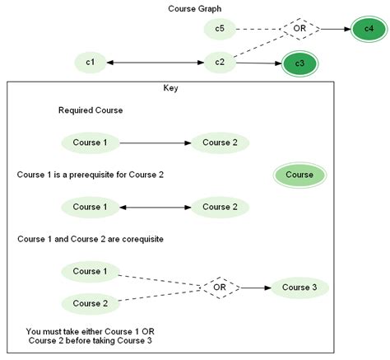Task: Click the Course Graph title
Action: [194, 9]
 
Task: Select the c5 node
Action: [220, 30]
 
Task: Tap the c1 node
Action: [91, 62]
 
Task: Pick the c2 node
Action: [220, 62]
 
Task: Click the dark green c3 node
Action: [299, 63]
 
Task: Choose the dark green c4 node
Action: [367, 30]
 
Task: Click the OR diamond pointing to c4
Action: [299, 30]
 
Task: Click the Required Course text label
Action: [91, 110]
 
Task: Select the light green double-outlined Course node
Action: [299, 175]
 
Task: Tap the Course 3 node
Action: [299, 288]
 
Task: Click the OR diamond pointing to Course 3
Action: [220, 288]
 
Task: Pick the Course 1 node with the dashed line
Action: [91, 271]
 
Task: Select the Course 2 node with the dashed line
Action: [91, 303]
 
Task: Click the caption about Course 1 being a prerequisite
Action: [91, 175]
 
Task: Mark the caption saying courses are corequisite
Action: [91, 239]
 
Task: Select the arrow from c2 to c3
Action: [259, 63]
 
